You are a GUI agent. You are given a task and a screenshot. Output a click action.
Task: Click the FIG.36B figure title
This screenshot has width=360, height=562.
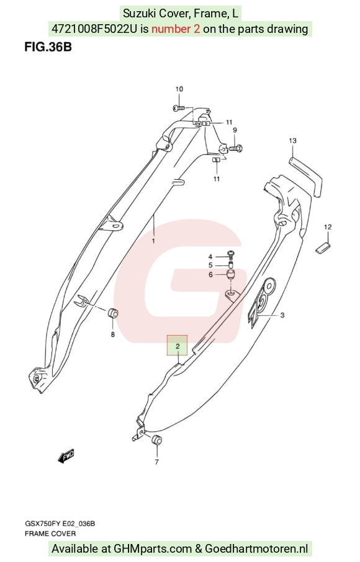click(x=48, y=47)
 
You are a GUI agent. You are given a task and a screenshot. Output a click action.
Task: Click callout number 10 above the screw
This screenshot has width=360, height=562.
click(x=179, y=89)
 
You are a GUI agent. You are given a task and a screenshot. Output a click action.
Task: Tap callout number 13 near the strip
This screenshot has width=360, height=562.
click(x=292, y=140)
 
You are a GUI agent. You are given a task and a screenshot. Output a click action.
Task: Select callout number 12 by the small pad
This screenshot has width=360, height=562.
click(x=328, y=227)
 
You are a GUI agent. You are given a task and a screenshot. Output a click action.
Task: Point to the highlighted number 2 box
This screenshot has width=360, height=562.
click(x=177, y=346)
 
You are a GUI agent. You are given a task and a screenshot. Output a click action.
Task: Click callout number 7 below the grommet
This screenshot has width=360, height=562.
click(x=156, y=462)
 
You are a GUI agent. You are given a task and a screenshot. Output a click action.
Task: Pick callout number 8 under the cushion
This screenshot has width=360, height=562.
click(x=113, y=334)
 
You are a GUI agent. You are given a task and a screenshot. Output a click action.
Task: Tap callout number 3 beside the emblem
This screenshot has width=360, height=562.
click(x=282, y=315)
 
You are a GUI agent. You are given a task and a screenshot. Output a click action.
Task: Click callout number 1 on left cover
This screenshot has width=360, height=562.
click(x=153, y=241)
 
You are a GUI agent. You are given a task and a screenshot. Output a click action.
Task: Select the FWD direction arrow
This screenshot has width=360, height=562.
click(x=66, y=457)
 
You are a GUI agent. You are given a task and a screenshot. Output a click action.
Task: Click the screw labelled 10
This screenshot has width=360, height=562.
click(x=179, y=107)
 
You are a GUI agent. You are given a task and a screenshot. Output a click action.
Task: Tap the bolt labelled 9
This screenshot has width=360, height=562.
click(x=236, y=147)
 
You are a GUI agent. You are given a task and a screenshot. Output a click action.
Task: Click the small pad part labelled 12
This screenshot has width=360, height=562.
click(x=323, y=248)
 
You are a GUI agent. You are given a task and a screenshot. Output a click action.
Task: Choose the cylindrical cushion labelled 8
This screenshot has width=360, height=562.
click(x=114, y=313)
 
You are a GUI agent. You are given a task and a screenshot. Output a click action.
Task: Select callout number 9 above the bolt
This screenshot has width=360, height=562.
click(x=235, y=130)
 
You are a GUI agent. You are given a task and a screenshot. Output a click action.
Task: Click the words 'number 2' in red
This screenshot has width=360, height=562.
click(x=176, y=29)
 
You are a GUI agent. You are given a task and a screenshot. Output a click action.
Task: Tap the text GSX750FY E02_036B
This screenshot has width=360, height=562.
click(x=60, y=524)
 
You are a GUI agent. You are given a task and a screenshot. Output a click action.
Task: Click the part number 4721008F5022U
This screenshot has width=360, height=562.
click(x=94, y=29)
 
